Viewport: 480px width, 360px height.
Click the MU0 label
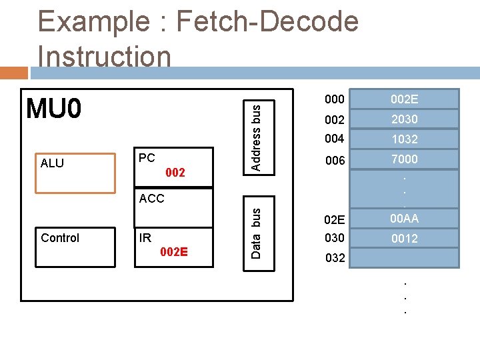(54, 108)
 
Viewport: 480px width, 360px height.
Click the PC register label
(147, 158)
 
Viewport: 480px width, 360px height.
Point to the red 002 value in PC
(175, 173)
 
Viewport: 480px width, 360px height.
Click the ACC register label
(152, 198)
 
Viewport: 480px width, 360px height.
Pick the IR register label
(145, 237)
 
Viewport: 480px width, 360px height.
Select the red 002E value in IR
(175, 252)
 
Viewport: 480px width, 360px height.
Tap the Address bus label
(256, 134)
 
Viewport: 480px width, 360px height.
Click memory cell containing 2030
(404, 119)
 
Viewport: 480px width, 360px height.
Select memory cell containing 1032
(404, 139)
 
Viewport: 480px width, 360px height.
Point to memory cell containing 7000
(404, 159)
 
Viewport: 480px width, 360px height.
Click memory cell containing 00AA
(404, 218)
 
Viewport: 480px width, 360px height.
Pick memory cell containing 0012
(404, 238)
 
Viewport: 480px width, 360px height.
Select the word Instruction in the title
(105, 56)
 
